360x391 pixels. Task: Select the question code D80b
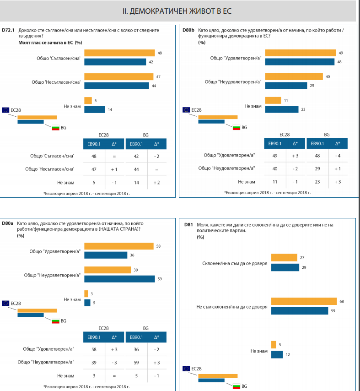pyautogui.click(x=188, y=30)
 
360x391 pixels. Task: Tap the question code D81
pyautogui.click(x=188, y=224)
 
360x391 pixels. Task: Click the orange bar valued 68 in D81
pyautogui.click(x=304, y=301)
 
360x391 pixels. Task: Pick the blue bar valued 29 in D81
pyautogui.click(x=285, y=267)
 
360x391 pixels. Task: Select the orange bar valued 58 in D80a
pyautogui.click(x=119, y=246)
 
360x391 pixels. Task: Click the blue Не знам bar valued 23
pyautogui.click(x=282, y=109)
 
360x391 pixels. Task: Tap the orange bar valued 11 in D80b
pyautogui.click(x=273, y=100)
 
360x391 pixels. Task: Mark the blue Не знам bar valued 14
pyautogui.click(x=95, y=109)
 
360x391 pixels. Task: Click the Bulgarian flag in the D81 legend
pyautogui.click(x=236, y=386)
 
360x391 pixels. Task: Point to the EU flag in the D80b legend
pyautogui.click(x=186, y=110)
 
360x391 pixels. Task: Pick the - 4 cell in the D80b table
pyautogui.click(x=338, y=155)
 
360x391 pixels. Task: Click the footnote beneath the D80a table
pyautogui.click(x=86, y=386)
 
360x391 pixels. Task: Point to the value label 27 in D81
pyautogui.click(x=302, y=258)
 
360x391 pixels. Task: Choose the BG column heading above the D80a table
pyautogui.click(x=145, y=328)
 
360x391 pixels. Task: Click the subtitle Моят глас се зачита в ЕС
pyautogui.click(x=47, y=43)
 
